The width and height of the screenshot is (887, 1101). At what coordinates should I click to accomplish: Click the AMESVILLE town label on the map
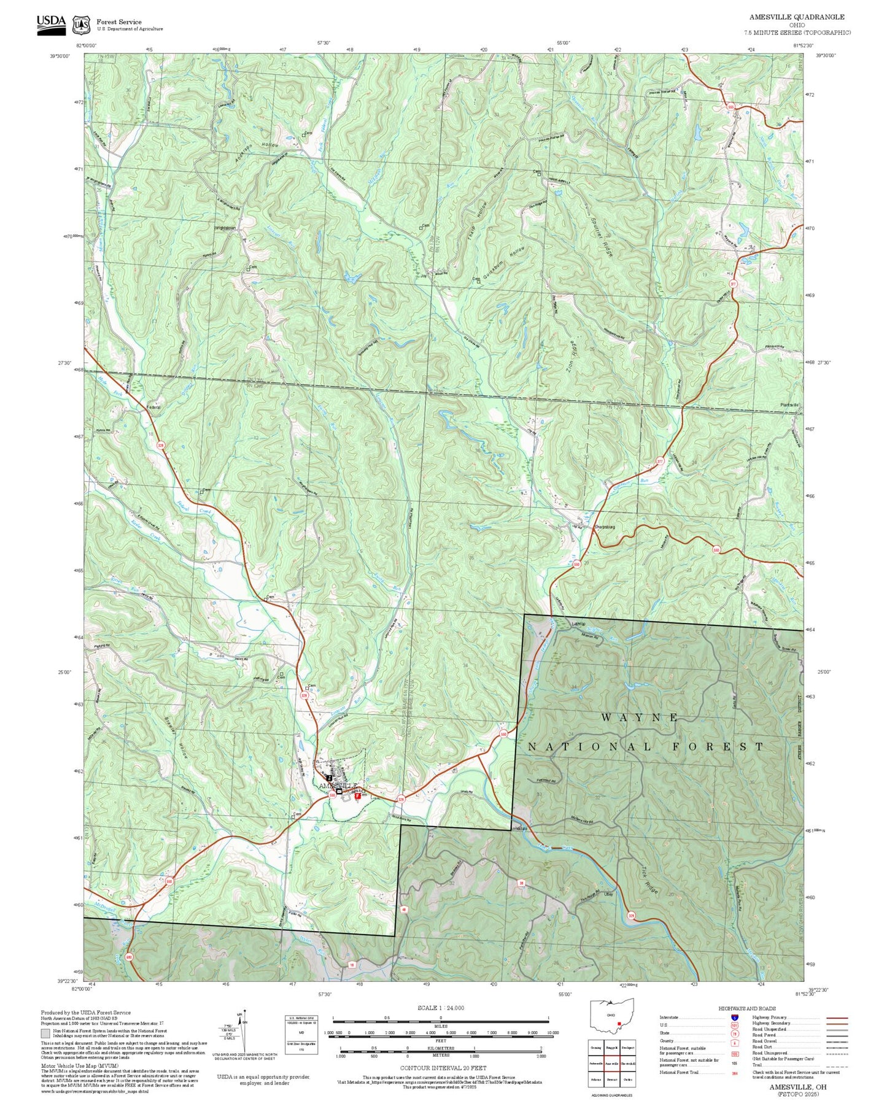coord(337,786)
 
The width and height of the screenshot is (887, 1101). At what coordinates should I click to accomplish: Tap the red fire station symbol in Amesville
coord(358,795)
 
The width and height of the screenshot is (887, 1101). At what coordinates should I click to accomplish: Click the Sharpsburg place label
coord(604,527)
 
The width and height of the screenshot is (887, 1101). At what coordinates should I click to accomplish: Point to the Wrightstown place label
coord(225,228)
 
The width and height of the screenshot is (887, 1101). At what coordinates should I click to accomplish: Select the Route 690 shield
coord(129,957)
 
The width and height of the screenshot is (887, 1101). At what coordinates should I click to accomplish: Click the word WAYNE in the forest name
coord(640,717)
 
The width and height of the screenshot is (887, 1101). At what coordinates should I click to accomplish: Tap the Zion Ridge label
coord(571,357)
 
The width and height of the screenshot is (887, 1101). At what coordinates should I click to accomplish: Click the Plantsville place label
coord(789,405)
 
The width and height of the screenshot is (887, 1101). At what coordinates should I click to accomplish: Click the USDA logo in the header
coord(51,22)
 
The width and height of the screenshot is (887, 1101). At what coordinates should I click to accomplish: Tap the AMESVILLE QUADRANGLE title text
coord(797,17)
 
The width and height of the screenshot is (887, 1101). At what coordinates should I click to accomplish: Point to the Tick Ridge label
coord(649,881)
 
